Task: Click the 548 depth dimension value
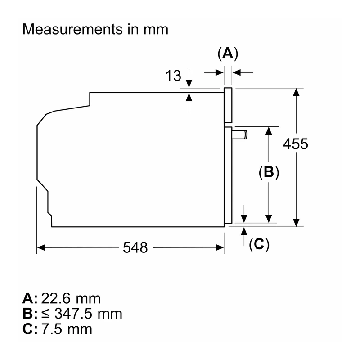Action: coord(135,247)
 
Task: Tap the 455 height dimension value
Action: coord(296,144)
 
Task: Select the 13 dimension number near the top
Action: coord(173,76)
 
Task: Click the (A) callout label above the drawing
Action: coord(228,54)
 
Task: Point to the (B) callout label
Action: coord(269,172)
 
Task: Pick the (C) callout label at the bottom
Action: coord(259,244)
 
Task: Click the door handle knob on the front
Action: coord(240,135)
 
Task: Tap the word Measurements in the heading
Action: coord(73,29)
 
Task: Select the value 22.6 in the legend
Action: coord(55,298)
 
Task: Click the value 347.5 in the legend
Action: coord(72,314)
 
